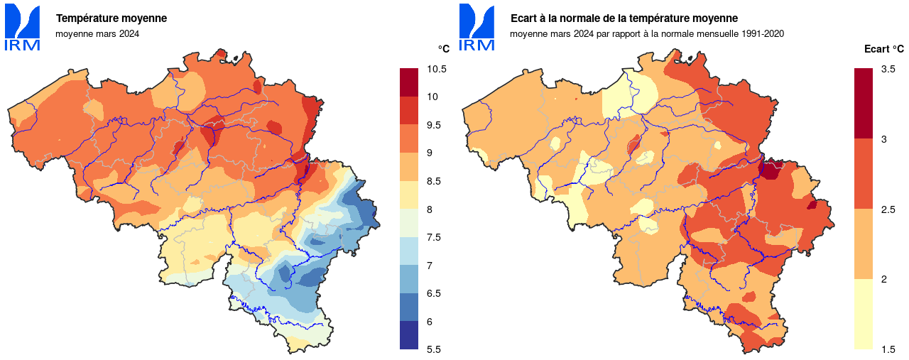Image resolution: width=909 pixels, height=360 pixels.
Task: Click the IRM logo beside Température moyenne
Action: click(x=23, y=28)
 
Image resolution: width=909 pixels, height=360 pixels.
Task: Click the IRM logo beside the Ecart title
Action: click(x=477, y=28)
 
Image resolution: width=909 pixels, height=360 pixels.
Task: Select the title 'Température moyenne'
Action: click(x=111, y=18)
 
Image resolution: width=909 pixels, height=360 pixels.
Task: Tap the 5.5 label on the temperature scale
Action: click(x=433, y=349)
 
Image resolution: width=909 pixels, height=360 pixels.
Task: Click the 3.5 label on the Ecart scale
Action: click(x=888, y=69)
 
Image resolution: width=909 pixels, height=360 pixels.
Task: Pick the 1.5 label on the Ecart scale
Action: click(x=888, y=349)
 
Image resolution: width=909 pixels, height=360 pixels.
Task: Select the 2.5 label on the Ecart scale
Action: click(x=888, y=209)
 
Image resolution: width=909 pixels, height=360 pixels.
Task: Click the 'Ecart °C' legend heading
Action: click(x=884, y=49)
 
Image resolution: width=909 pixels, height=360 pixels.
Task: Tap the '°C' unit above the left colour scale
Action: click(x=444, y=49)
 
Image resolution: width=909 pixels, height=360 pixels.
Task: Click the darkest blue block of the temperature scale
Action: click(x=410, y=335)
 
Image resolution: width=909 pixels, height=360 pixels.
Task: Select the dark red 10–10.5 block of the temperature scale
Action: click(x=410, y=82)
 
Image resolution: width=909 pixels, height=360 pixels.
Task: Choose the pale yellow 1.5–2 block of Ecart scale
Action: click(x=864, y=314)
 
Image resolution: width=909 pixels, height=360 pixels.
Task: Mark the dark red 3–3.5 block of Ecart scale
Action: click(x=864, y=104)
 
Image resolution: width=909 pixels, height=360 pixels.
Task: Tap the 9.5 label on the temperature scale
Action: click(x=433, y=125)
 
